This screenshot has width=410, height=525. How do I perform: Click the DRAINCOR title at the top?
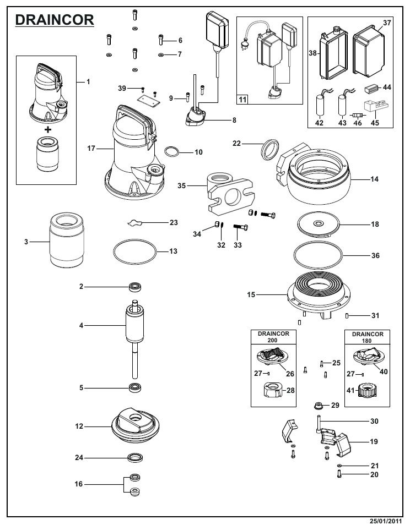coord(54,19)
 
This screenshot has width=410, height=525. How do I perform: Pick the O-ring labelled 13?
coord(134,252)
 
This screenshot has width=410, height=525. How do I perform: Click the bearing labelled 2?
coord(134,286)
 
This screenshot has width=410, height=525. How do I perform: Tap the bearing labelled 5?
coord(134,387)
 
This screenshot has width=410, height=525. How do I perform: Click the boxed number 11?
coord(242,100)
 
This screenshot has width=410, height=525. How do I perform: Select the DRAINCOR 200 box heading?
coord(274,337)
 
